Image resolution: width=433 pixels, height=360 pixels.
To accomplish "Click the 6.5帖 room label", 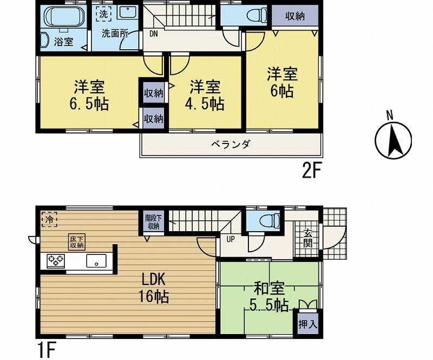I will pos(90,95).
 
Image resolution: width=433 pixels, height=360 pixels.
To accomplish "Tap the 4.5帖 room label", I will pos(205,95).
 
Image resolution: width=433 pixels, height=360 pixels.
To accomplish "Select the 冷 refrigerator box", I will pos(49,220).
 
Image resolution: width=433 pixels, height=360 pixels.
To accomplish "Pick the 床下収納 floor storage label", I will pos(76,243).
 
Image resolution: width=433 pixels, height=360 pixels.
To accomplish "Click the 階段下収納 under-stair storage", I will pos(152,222).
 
